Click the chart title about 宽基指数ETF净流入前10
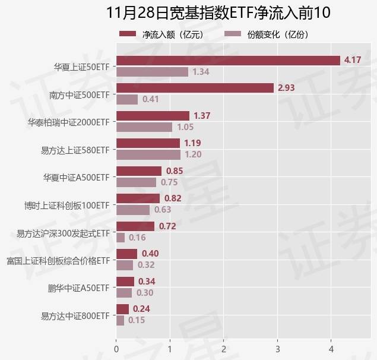[218, 13]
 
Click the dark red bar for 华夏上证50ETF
[228, 60]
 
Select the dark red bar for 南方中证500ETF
[195, 88]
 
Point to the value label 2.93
[286, 88]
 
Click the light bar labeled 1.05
[144, 127]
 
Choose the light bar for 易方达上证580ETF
[148, 154]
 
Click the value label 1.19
[192, 143]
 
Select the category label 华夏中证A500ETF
[77, 177]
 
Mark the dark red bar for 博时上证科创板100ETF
[138, 198]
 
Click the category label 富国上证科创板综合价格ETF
[58, 260]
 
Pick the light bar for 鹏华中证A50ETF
[124, 293]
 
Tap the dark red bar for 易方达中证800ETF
[122, 309]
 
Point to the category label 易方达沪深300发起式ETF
[64, 233]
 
